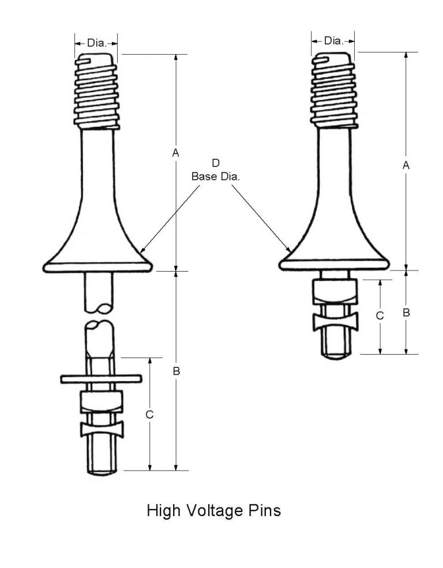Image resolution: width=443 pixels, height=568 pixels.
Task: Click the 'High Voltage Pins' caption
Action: pyautogui.click(x=213, y=510)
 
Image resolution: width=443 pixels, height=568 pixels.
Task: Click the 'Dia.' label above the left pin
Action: pyautogui.click(x=96, y=42)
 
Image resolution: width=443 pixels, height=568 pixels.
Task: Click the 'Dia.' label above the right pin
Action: pyautogui.click(x=333, y=40)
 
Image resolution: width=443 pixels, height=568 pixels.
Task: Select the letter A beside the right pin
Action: pyautogui.click(x=406, y=165)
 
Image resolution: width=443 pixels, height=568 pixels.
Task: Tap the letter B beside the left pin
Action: pyautogui.click(x=177, y=371)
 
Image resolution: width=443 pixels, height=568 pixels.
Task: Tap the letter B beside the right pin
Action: pyautogui.click(x=406, y=312)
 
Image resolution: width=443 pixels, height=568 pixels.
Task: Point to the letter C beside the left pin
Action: pyautogui.click(x=149, y=414)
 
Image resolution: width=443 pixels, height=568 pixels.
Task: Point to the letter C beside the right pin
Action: pyautogui.click(x=379, y=315)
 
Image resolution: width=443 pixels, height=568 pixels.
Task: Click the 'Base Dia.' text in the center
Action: pyautogui.click(x=215, y=177)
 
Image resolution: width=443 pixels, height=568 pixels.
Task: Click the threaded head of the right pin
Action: pyautogui.click(x=334, y=91)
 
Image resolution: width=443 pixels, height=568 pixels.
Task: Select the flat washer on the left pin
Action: pyautogui.click(x=101, y=378)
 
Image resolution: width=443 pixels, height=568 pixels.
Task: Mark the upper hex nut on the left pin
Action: pyautogui.click(x=101, y=401)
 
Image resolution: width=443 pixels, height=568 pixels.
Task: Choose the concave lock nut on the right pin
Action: pyautogui.click(x=335, y=322)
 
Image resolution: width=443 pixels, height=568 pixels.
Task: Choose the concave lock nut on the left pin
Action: pyautogui.click(x=101, y=430)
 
